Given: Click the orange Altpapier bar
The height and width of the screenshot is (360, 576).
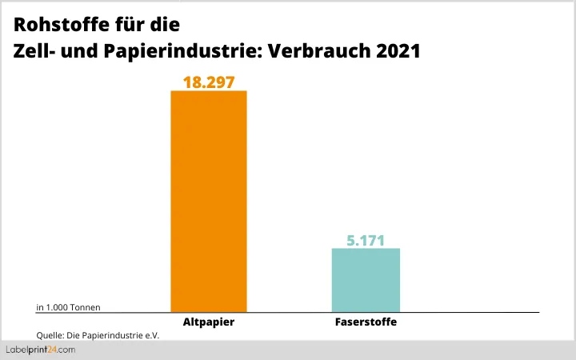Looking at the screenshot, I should [209, 200].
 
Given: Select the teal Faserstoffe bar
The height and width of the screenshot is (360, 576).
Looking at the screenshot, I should [366, 279].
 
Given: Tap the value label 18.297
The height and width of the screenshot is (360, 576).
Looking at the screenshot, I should [209, 80].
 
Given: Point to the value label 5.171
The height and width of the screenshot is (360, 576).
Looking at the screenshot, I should [366, 239].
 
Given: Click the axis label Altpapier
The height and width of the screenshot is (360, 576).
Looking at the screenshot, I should [209, 322].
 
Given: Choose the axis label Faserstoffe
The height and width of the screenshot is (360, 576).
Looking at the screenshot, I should [366, 322].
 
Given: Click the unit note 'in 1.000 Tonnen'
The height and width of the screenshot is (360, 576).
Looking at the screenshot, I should [69, 306].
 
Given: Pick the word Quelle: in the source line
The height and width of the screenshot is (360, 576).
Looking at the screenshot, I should [50, 335].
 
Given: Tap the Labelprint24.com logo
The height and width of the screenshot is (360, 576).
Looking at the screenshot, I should [41, 350].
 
